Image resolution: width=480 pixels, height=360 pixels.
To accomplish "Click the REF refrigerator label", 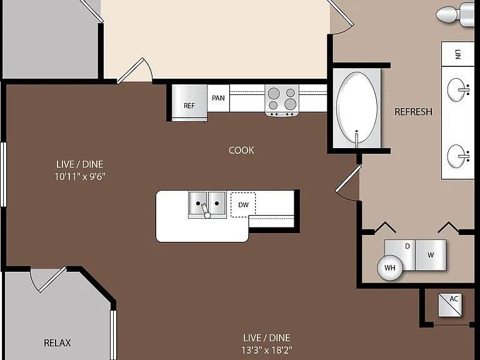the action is (x=189, y=106).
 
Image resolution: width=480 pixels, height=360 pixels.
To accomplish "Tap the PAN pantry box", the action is (x=218, y=98).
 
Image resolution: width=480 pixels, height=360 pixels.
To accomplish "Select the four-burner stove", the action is (x=282, y=101).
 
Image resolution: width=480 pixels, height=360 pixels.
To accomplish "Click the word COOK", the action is (x=241, y=150).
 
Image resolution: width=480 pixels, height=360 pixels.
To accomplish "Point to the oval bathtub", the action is (x=357, y=107).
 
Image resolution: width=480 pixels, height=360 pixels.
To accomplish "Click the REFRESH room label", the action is (x=413, y=112).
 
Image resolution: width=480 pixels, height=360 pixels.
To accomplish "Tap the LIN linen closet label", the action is (x=457, y=54).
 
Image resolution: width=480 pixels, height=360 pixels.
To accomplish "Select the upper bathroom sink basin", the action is (x=458, y=89).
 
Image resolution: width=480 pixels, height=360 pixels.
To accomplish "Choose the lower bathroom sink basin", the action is (x=458, y=156).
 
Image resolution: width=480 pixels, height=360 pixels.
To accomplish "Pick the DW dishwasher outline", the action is (x=243, y=205).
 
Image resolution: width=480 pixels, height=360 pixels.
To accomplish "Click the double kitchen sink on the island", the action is (x=207, y=205).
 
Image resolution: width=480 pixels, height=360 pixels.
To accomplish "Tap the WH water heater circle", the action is (x=390, y=268).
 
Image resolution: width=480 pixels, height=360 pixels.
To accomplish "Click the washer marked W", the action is (x=431, y=255).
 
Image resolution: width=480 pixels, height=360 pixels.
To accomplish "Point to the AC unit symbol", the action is (x=450, y=305).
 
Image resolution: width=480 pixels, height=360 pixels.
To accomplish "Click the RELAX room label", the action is (x=57, y=343).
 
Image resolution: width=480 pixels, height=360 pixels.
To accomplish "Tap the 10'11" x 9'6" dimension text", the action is (x=80, y=177).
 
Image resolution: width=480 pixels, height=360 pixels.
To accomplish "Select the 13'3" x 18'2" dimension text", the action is (x=267, y=350).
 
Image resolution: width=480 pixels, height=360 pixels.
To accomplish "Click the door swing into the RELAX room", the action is (x=48, y=279).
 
